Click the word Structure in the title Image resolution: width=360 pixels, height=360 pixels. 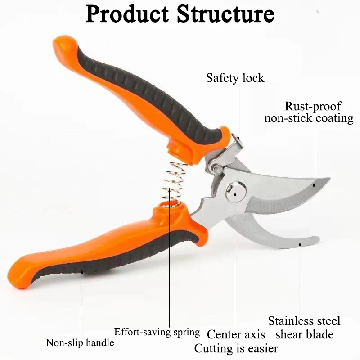pos(225,14)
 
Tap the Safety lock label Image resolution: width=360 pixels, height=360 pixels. pos(235,78)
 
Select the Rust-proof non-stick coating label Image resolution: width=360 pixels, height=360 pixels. pos(309,112)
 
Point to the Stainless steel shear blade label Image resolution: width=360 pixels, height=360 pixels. pos(304,328)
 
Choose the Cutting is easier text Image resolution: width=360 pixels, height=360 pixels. pos(236,348)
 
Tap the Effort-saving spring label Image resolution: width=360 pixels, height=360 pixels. pos(157,333)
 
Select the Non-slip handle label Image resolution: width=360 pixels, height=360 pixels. pos(80,343)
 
